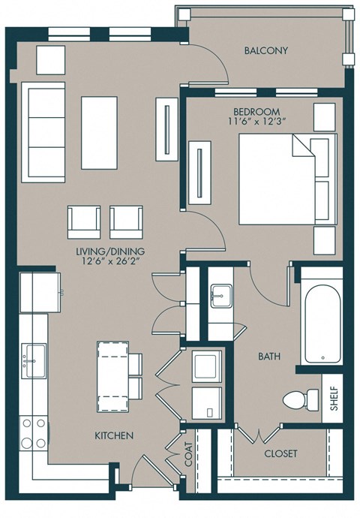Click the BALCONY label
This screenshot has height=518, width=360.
point(265,51)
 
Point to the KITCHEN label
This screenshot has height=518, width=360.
point(114,435)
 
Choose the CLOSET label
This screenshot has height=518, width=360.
point(280,454)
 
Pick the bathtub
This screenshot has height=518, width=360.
point(321,321)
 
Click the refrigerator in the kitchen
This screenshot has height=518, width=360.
point(40,292)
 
